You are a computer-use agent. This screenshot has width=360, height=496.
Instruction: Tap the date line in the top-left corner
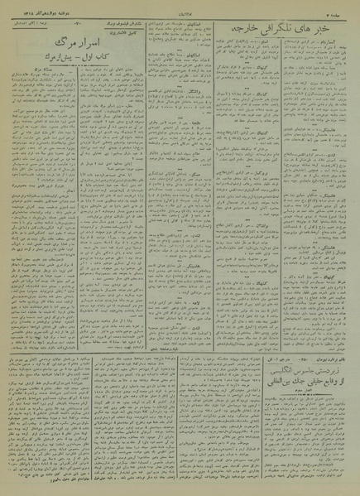33,6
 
